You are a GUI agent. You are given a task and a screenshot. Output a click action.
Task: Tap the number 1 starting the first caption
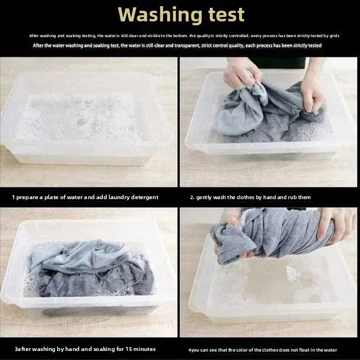13,197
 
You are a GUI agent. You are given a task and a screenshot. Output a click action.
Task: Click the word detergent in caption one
145,197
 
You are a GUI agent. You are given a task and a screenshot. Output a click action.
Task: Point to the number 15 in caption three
128,349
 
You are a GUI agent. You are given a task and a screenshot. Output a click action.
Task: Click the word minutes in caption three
145,349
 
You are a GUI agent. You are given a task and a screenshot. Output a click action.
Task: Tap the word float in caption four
303,350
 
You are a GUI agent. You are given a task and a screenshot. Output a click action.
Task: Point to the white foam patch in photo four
292,273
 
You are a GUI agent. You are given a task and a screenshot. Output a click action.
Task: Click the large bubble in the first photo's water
80,121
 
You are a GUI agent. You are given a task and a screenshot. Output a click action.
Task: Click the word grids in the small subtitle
335,36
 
